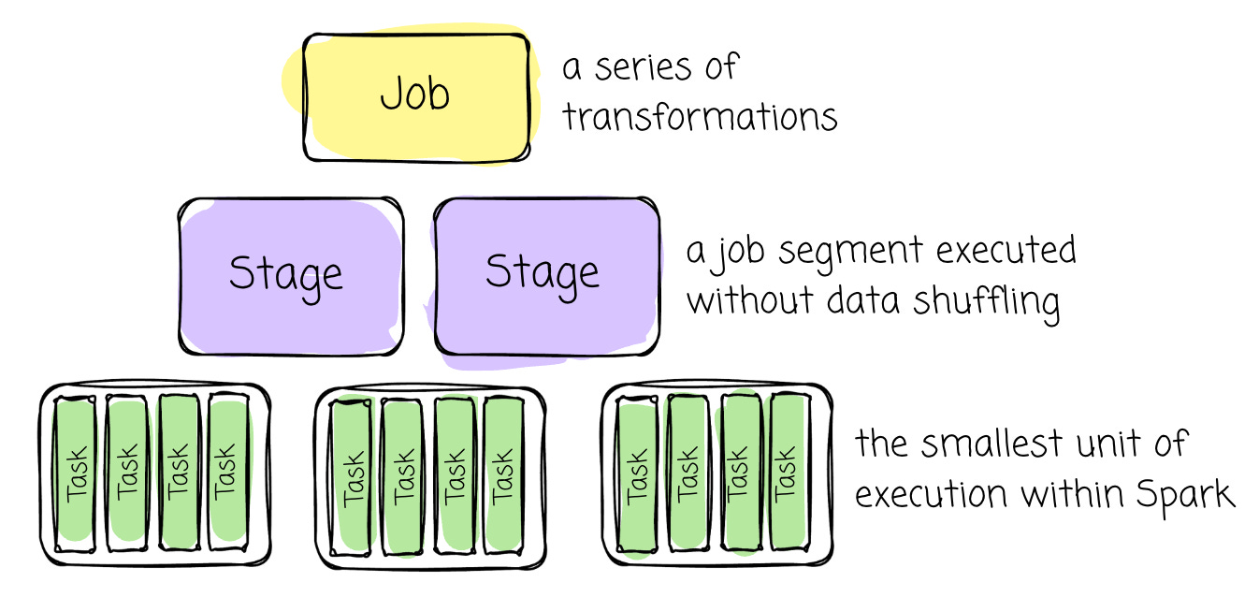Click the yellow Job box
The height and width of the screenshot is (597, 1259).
(416, 96)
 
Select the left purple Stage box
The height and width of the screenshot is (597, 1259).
(291, 275)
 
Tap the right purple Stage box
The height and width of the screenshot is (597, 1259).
(545, 275)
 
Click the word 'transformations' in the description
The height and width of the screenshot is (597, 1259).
(700, 117)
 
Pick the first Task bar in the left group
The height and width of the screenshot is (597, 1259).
(75, 473)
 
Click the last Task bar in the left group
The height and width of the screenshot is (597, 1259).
(226, 473)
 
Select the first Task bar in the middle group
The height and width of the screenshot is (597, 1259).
(353, 475)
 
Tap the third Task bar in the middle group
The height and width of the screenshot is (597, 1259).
(454, 475)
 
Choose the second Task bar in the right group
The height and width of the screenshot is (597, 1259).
(687, 473)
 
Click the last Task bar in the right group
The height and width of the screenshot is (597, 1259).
(788, 473)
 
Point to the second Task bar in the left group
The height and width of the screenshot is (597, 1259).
(125, 473)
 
